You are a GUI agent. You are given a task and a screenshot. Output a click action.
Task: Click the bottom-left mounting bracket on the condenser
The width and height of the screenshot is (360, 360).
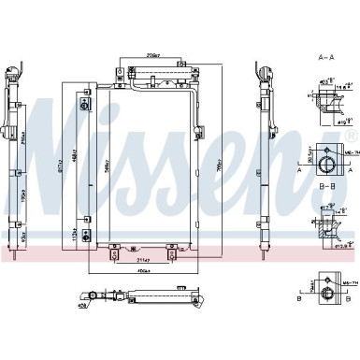114,249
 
